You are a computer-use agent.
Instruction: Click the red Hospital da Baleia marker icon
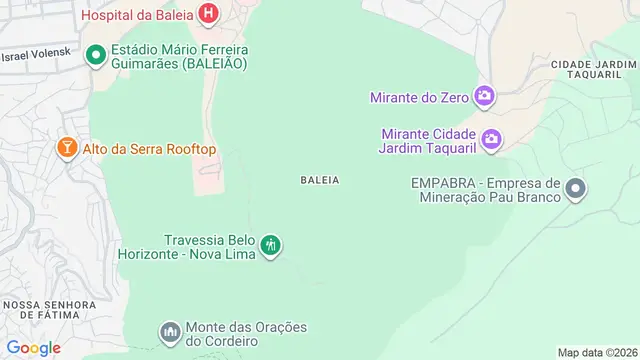point(208,14)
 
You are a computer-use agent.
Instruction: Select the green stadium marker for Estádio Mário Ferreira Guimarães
point(96,54)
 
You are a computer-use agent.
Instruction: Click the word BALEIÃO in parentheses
point(213,63)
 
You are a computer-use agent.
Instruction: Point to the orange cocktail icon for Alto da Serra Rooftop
point(66,149)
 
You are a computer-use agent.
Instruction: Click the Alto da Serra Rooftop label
point(149,149)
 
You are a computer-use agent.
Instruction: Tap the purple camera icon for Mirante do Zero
point(485,96)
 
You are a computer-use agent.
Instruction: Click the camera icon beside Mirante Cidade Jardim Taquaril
point(491,139)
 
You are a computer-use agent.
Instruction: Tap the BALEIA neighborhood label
point(320,180)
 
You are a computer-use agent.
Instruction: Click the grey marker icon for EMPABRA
point(575,188)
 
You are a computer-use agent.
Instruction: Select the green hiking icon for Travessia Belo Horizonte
point(270,245)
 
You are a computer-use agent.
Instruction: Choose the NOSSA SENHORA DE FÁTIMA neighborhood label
point(44,310)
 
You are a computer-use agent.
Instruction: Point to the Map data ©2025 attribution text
point(597,352)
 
